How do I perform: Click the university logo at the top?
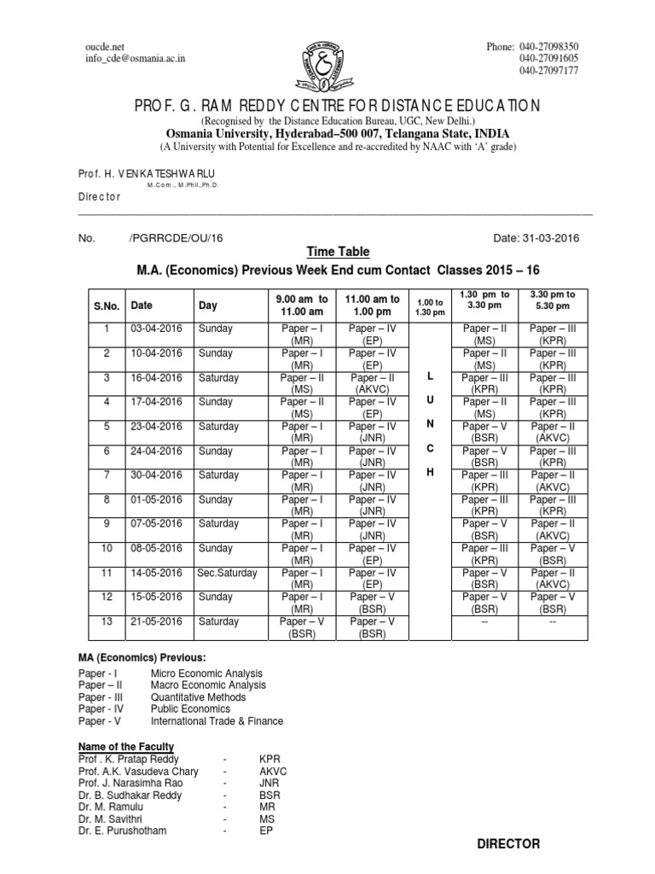pos(326,61)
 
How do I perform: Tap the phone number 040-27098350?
pos(548,46)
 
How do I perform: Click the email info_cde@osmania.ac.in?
pos(136,58)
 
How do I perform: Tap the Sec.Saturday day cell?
pos(227,573)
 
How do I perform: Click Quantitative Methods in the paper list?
pos(198,696)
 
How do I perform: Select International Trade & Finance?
pos(217,720)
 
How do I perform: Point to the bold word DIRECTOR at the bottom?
pos(508,843)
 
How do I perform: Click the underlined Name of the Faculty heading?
pos(126,747)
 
